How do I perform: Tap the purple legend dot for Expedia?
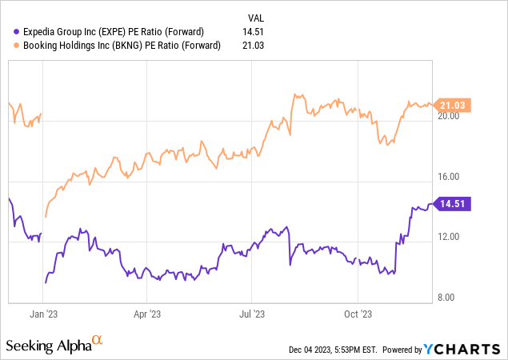pos(7,31)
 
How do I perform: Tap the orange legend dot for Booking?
pos(7,45)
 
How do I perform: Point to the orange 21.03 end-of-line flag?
pos(453,105)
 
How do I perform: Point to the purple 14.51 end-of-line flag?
pos(453,204)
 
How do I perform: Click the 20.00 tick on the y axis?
pos(449,116)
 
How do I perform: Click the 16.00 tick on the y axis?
pos(449,177)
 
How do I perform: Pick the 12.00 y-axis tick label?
pos(449,237)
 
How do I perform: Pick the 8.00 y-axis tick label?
pos(449,298)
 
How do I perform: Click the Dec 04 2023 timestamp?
pos(335,350)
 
